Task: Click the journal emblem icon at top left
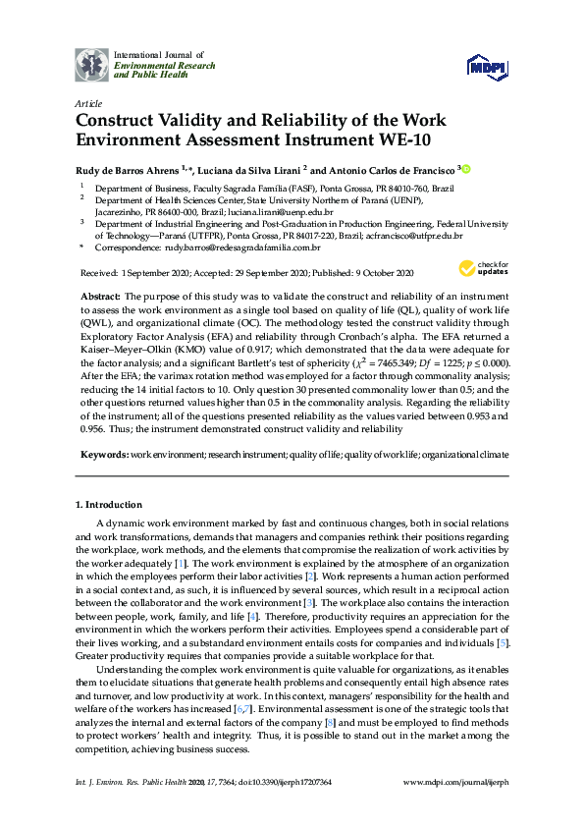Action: coord(92,65)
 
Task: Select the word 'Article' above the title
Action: coord(88,103)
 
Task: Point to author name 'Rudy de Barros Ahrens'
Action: coord(126,170)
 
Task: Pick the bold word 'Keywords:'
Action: coord(103,455)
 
